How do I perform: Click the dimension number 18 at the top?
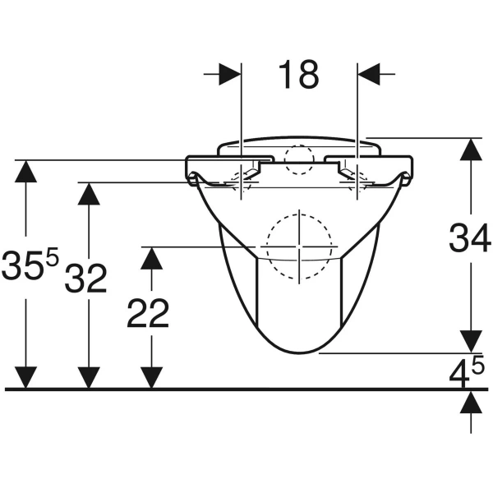(299, 75)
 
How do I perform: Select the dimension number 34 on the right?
(469, 237)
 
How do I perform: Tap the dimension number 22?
(148, 313)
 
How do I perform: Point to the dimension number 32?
(85, 278)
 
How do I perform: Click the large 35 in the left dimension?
(22, 265)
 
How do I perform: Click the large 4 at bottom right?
(459, 374)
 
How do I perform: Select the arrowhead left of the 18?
(230, 74)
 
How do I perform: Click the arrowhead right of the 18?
(368, 74)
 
